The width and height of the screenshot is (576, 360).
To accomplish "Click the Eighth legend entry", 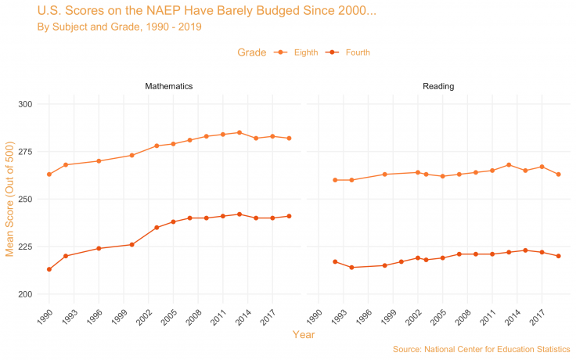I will coord(305,52).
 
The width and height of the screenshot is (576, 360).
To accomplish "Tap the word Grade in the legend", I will coord(252,52).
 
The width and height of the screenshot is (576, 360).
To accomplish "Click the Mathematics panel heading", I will coord(169,85).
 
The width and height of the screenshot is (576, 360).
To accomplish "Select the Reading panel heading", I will coord(437,85).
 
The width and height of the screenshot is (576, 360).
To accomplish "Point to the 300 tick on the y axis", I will coord(24,104).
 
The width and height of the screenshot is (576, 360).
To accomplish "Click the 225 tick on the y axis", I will coord(24,247).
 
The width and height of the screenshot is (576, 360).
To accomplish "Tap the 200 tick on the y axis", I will coord(24,294).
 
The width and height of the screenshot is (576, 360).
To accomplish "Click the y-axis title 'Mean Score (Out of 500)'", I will coord(10,200).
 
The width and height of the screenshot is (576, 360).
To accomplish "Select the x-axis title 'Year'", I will coord(304,335).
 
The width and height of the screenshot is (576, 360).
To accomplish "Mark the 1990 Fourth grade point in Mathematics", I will coord(49,269).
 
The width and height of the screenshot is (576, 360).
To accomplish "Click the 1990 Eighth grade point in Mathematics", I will coord(49,174).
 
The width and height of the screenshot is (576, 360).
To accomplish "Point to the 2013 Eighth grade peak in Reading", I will coord(509,165).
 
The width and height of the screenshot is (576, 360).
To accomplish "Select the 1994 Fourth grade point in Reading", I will coord(351,268).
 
